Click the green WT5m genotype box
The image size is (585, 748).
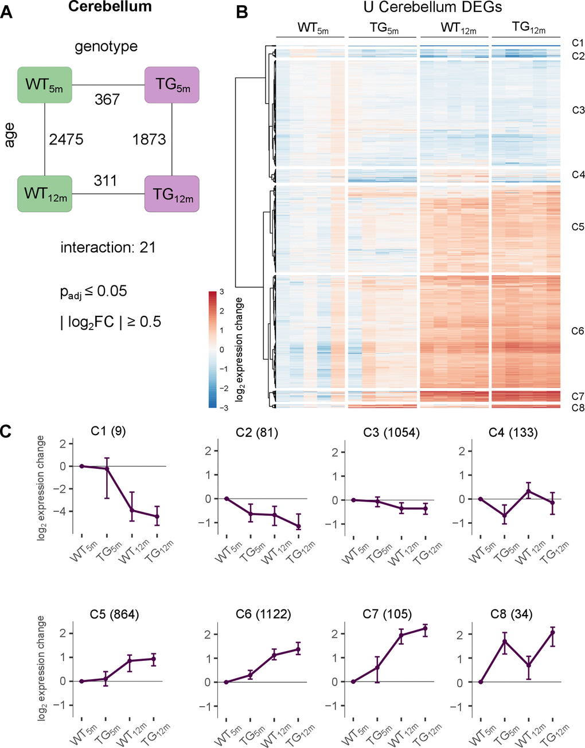(x=45, y=85)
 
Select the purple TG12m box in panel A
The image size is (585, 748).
(x=172, y=194)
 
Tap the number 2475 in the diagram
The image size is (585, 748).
(x=66, y=139)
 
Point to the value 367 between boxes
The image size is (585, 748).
(x=107, y=99)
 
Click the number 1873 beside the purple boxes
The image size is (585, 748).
(x=149, y=139)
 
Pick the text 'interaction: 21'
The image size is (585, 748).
(x=108, y=248)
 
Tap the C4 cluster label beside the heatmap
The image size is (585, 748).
(x=578, y=175)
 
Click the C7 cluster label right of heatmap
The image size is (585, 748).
(x=578, y=396)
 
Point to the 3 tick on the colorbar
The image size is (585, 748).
(x=221, y=292)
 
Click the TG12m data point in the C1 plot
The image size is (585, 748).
(x=156, y=516)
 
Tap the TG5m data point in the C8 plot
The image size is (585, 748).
(x=505, y=641)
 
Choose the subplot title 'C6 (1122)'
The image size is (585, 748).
(x=263, y=614)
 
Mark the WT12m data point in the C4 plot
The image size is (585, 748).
(x=528, y=491)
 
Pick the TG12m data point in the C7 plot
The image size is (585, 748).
(x=425, y=628)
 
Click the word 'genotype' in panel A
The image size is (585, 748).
(x=106, y=46)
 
